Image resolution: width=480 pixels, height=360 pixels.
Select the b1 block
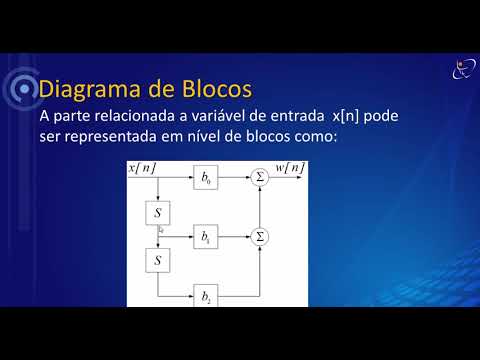coord(207,238)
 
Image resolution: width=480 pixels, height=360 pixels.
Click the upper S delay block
coord(158,213)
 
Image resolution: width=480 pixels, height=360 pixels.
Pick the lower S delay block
coord(158,261)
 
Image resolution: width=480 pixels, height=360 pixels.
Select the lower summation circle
coord(261,237)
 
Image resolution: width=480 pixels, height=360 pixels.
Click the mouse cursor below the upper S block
coord(161,231)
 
